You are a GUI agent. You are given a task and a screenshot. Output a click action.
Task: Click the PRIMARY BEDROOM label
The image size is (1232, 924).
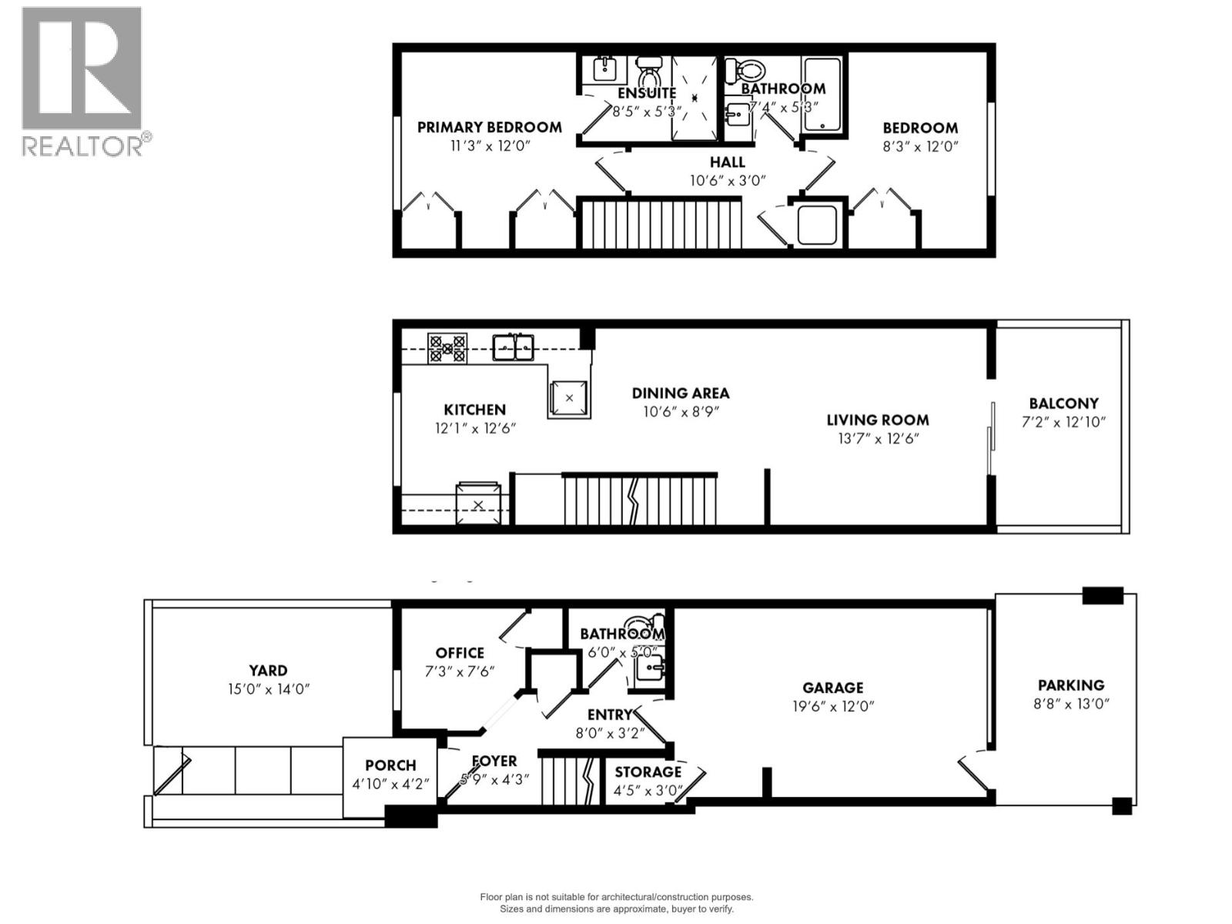[489, 127]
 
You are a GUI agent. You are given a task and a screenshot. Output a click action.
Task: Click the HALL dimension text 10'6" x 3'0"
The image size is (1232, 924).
[727, 181]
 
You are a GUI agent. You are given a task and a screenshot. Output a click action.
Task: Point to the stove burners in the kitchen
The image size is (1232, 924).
[447, 348]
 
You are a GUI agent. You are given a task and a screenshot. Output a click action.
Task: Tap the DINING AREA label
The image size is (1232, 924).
[680, 393]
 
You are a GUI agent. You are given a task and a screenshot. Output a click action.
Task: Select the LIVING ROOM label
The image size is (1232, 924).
[877, 420]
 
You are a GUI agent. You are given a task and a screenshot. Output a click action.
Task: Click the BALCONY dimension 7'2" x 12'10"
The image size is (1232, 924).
[1063, 422]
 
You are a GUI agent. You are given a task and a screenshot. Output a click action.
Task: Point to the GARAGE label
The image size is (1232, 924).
[832, 688]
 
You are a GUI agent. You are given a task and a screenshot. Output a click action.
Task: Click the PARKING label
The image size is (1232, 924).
[1070, 685]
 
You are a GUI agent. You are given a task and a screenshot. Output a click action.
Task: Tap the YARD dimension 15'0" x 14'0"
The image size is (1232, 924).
[268, 689]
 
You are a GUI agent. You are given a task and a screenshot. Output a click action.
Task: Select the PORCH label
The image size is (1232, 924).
[390, 765]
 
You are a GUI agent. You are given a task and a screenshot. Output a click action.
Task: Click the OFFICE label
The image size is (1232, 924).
[460, 653]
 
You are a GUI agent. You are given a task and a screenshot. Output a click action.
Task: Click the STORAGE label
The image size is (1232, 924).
[648, 772]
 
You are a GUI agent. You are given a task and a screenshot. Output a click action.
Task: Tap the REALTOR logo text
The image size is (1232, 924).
[82, 146]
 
